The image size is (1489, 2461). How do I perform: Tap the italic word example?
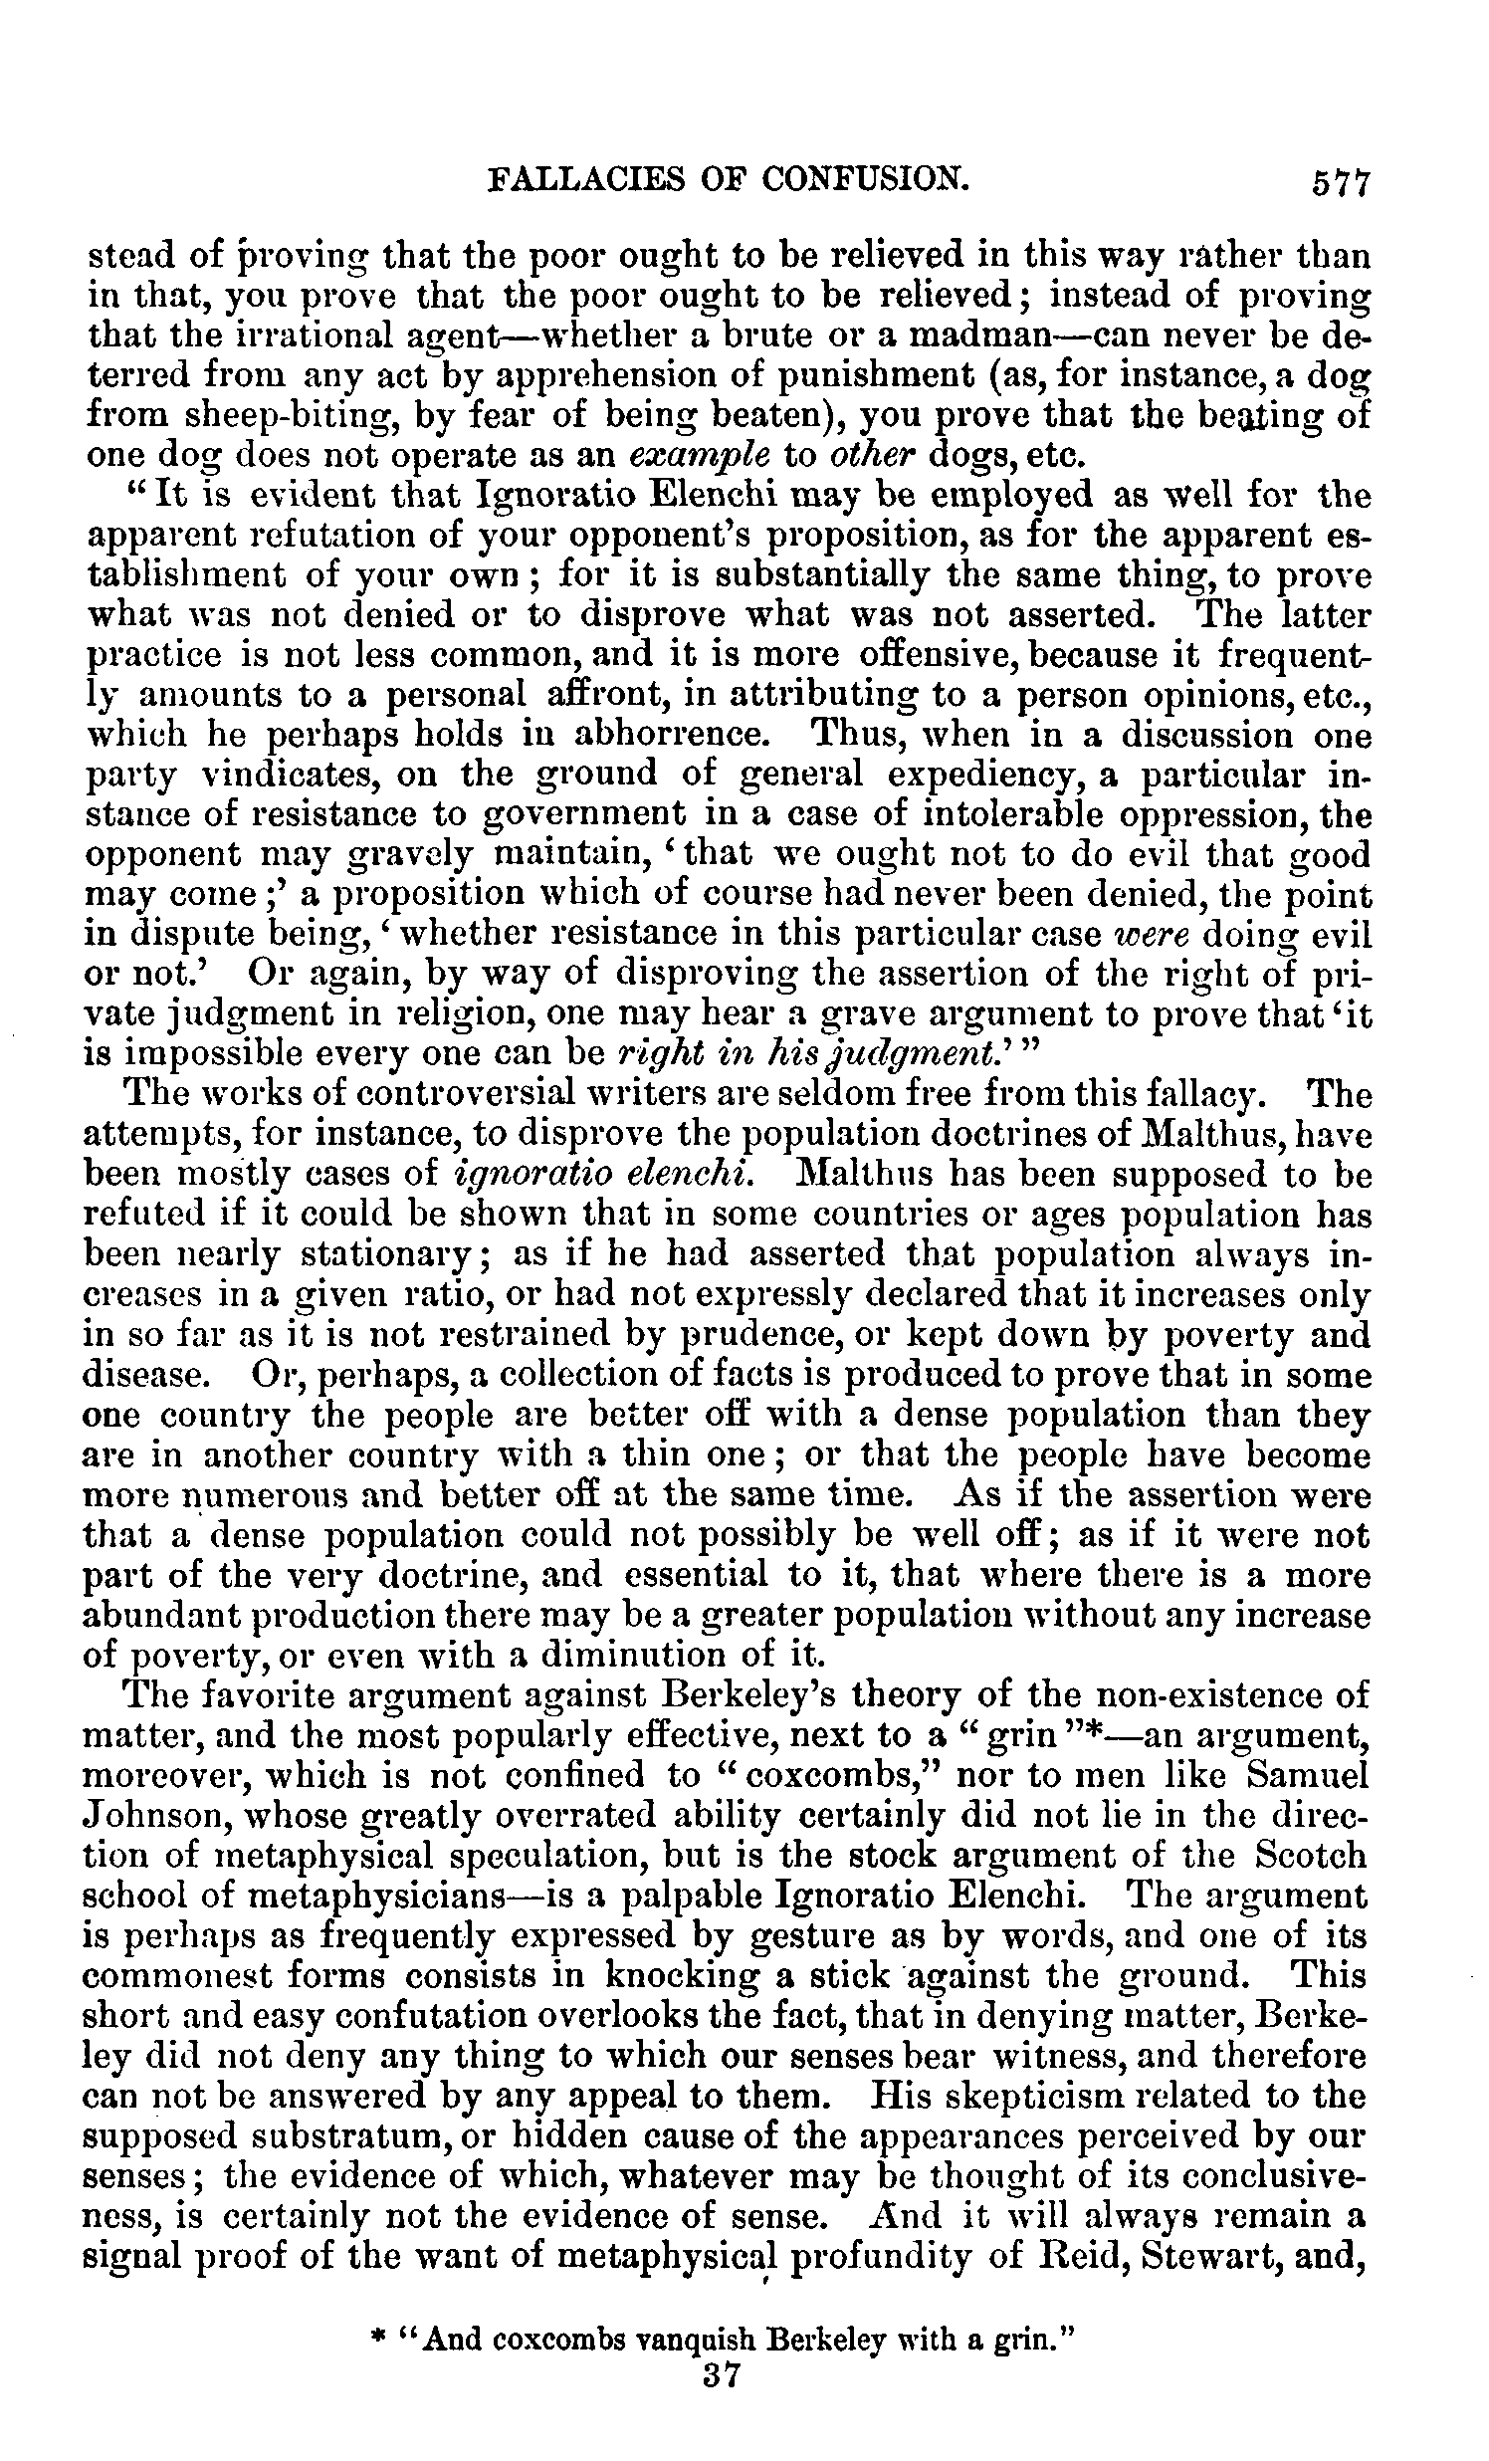pyautogui.click(x=700, y=455)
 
